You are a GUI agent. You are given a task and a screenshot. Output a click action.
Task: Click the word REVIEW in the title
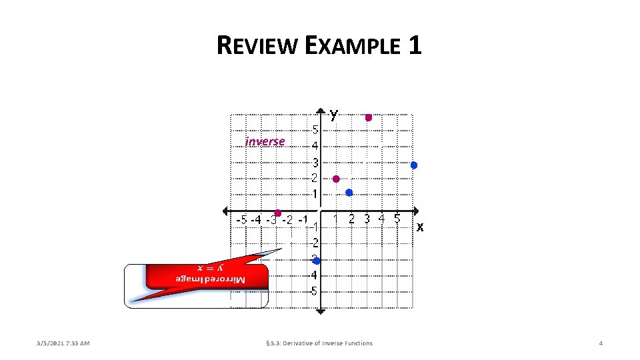coord(257,46)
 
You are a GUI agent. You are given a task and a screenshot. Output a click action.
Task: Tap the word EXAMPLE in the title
coord(353,46)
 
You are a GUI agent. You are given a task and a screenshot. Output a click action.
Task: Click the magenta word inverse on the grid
coord(265,141)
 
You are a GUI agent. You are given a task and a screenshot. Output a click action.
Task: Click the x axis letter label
coord(420,227)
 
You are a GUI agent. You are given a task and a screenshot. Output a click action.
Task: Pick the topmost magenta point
coord(368,117)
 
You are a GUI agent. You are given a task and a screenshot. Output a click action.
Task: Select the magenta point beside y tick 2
coord(336,179)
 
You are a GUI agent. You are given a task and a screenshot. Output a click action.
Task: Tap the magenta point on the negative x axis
coord(277,213)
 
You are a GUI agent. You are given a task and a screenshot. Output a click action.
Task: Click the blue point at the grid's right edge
coord(413,165)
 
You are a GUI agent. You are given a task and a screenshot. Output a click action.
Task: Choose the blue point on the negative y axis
coord(317,260)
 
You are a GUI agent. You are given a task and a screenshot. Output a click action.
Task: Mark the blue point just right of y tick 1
coord(349,193)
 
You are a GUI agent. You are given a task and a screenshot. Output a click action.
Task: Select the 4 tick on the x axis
coord(381,218)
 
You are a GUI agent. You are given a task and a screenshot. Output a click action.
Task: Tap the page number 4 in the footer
coord(601,343)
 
